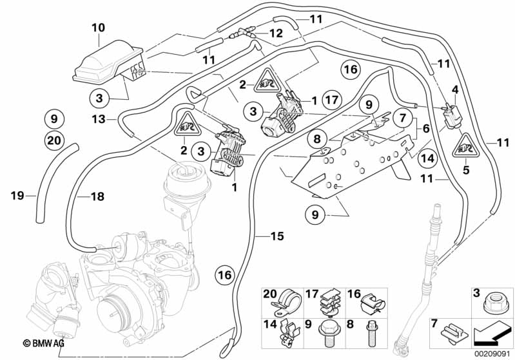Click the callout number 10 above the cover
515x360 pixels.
[98, 28]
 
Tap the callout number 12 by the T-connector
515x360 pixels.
[276, 33]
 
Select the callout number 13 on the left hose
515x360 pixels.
[99, 119]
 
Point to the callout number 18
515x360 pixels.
[97, 196]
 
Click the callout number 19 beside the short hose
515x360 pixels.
[17, 196]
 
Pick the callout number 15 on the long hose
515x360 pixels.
[277, 236]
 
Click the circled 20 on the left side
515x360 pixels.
[54, 140]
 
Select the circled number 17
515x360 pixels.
[332, 99]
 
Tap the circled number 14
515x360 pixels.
[427, 158]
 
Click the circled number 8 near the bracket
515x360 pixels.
[317, 139]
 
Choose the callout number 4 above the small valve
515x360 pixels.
[455, 90]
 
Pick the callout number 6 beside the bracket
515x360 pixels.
[426, 129]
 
